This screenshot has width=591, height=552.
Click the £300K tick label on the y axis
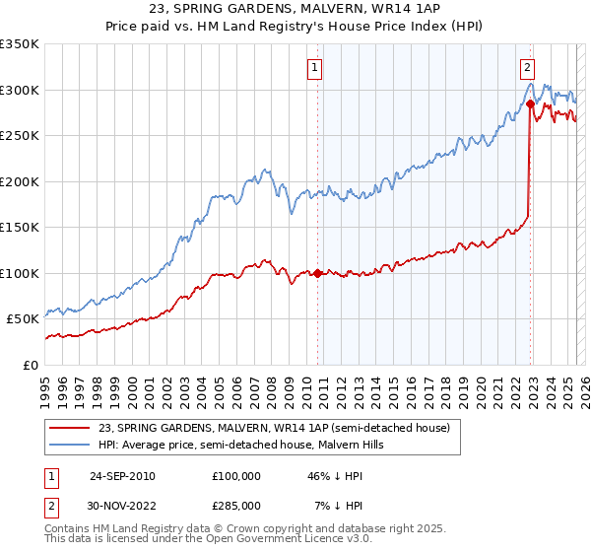20,90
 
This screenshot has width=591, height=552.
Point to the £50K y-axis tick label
23,318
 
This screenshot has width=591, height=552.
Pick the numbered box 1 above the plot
314,68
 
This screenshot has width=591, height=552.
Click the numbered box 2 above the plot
527,68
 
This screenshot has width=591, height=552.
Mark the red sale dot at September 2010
318,273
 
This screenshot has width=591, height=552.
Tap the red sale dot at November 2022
530,103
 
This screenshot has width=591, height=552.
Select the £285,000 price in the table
236,506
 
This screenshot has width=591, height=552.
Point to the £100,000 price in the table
236,475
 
